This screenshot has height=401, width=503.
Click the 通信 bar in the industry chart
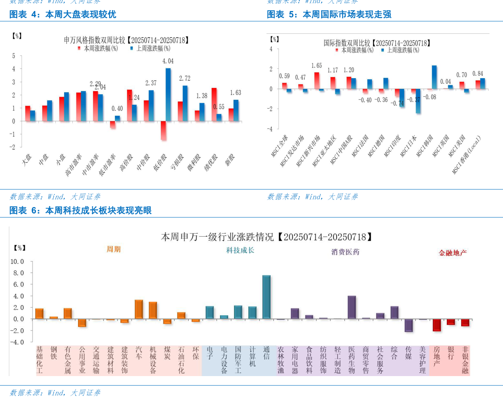pyautogui.click(x=266, y=297)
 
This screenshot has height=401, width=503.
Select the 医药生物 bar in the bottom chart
pyautogui.click(x=351, y=307)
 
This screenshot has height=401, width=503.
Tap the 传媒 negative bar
pyautogui.click(x=408, y=325)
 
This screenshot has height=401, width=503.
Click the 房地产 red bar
pyautogui.click(x=437, y=325)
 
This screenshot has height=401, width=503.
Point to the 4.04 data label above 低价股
pyautogui.click(x=168, y=61)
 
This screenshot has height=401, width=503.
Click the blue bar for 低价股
pyautogui.click(x=168, y=95)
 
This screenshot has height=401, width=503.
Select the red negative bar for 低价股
pyautogui.click(x=163, y=131)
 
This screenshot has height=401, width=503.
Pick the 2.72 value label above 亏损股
pyautogui.click(x=185, y=79)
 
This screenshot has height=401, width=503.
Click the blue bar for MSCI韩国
pyautogui.click(x=434, y=77)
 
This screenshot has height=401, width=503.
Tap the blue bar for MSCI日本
pyautogui.click(x=418, y=101)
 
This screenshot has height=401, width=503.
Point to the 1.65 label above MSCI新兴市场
pyautogui.click(x=316, y=65)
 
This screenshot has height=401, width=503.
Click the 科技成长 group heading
pyautogui.click(x=240, y=250)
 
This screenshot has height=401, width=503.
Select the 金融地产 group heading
pyautogui.click(x=452, y=253)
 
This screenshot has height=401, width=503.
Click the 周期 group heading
pyautogui.click(x=114, y=249)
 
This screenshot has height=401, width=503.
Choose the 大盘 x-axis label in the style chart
pyautogui.click(x=27, y=161)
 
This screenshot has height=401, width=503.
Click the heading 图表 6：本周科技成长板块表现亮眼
pyautogui.click(x=80, y=210)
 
